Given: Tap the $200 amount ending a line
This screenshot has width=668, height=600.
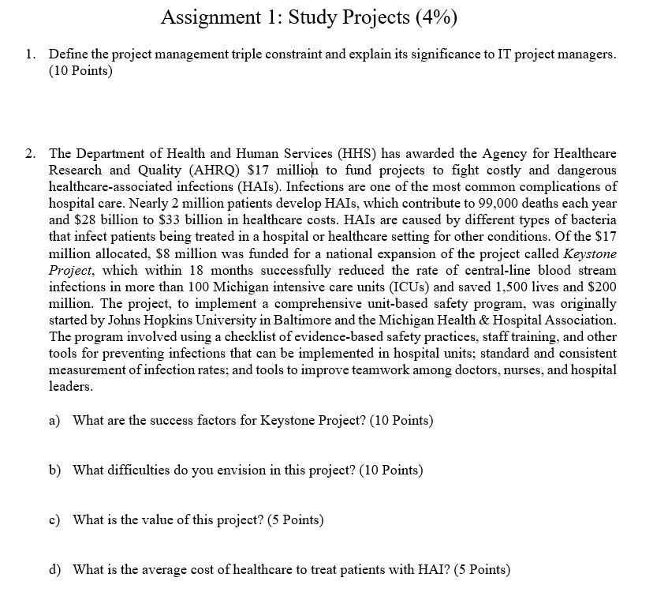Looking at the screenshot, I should click(x=602, y=287).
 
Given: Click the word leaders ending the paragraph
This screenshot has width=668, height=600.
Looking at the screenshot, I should click(x=71, y=387).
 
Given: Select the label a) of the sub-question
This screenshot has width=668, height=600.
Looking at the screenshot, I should click(x=54, y=420).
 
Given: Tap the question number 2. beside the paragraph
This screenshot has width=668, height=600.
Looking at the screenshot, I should click(x=30, y=153).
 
